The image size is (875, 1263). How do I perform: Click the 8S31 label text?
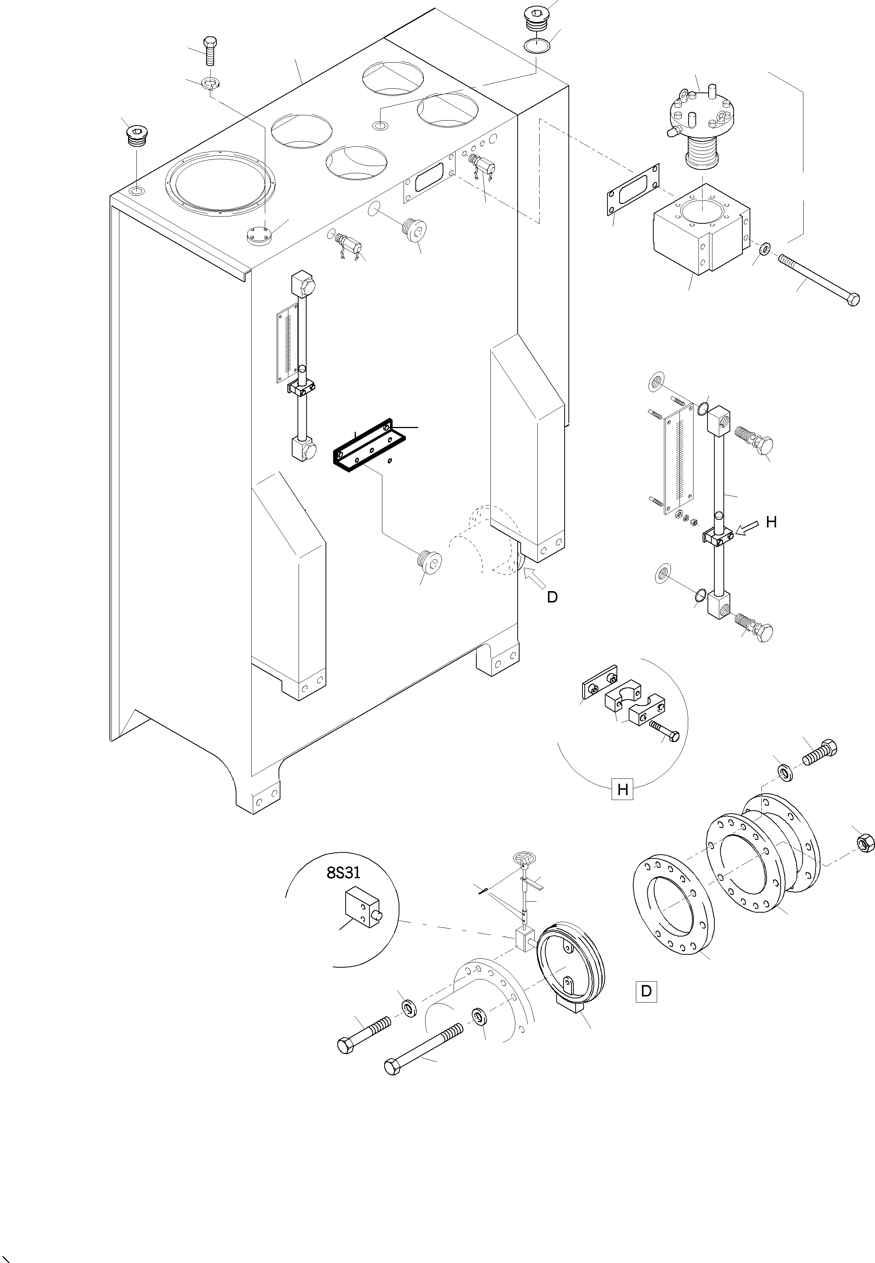343,872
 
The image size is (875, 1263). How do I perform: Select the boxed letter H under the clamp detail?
622,790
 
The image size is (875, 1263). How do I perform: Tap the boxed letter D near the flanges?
646,991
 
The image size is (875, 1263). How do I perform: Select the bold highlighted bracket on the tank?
368,447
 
